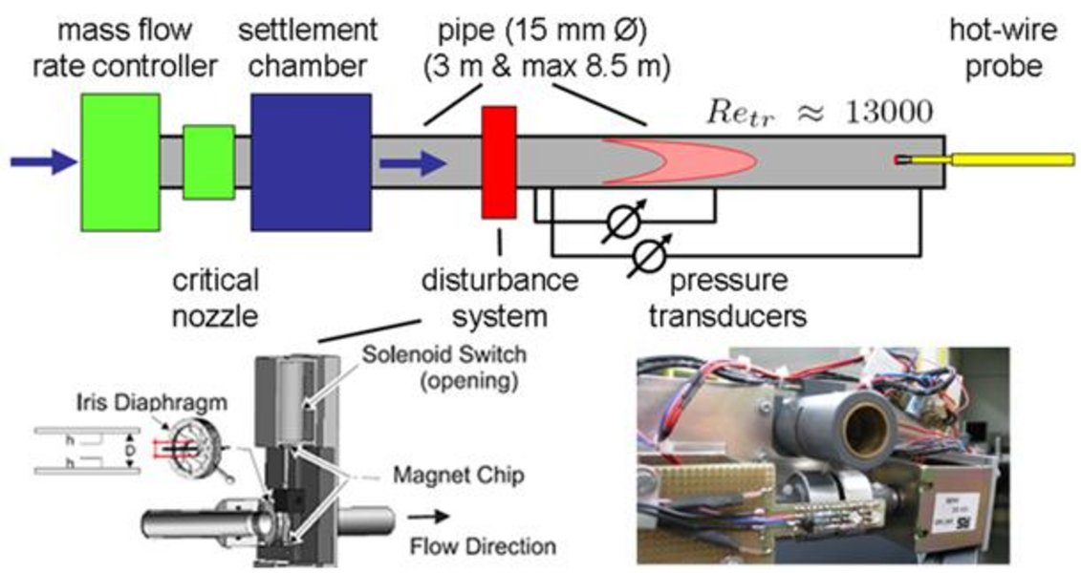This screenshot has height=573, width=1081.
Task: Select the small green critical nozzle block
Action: click(x=208, y=161)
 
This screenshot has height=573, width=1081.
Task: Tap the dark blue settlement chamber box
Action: click(x=311, y=161)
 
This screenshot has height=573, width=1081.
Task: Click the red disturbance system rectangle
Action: click(x=498, y=161)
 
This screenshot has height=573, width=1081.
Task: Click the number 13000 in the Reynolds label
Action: click(x=889, y=113)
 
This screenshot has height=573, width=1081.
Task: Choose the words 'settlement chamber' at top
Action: click(x=309, y=48)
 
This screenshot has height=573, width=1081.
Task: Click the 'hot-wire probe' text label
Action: click(x=1003, y=48)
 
